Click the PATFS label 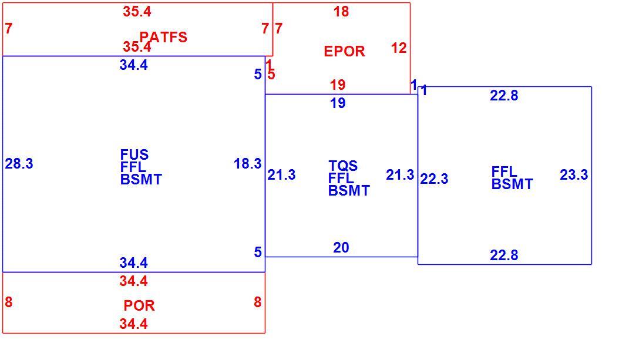163,37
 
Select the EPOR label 344,51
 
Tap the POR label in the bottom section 139,305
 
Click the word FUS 134,154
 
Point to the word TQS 342,166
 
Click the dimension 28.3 19,163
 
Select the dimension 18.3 247,163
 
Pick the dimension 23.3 574,174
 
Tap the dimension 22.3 434,179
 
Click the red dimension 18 341,11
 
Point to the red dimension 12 399,48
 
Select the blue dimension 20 341,247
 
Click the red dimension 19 338,85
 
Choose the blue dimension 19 338,103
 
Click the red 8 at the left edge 9,302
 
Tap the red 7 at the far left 9,28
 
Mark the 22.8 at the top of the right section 504,96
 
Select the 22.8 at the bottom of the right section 504,255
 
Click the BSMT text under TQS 349,191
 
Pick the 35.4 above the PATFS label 137,11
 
